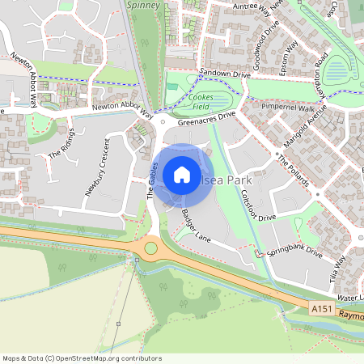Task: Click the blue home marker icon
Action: pyautogui.click(x=181, y=174)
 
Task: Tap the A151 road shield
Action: pyautogui.click(x=320, y=310)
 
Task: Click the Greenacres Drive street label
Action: pyautogui.click(x=206, y=120)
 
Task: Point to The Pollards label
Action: pyautogui.click(x=293, y=170)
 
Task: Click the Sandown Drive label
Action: pyautogui.click(x=226, y=73)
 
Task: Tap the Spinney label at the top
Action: pyautogui.click(x=144, y=5)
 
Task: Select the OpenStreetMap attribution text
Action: pyautogui.click(x=82, y=358)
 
